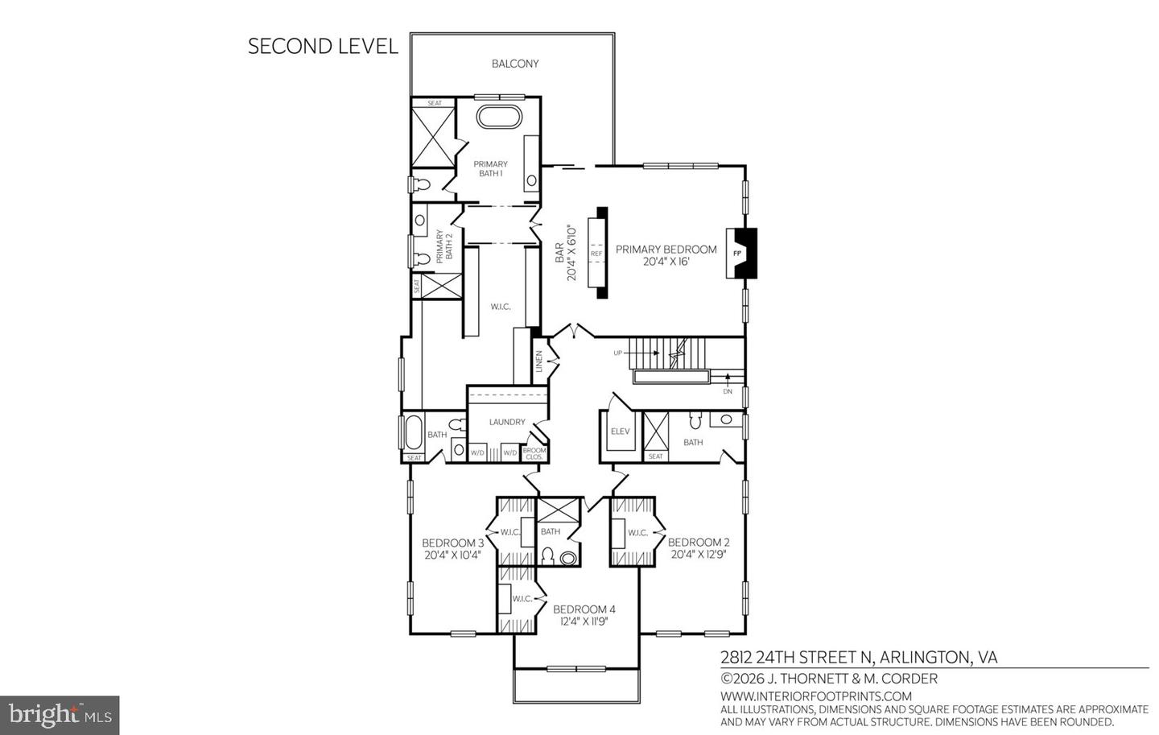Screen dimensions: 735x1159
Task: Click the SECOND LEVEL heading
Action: point(323,47)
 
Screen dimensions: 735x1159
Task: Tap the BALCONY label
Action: point(515,64)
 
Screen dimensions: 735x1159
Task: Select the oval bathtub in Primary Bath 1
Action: point(499,117)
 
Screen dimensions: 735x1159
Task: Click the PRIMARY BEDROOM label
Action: point(666,250)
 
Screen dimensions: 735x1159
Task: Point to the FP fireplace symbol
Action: point(736,254)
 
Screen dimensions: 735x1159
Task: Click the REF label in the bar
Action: point(596,254)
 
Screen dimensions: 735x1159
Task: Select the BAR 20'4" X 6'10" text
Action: point(566,253)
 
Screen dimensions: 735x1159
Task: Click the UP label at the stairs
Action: point(618,353)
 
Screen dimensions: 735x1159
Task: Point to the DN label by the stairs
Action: point(728,391)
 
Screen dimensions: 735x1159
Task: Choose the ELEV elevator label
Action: point(620,432)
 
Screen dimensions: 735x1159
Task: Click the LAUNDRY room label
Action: point(507,422)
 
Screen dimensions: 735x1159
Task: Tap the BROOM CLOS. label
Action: point(534,453)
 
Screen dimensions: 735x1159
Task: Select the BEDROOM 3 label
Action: point(452,543)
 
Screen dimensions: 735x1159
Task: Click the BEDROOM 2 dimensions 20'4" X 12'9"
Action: point(698,554)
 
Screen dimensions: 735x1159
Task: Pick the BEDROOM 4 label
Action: point(584,609)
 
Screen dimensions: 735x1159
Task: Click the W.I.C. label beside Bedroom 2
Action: point(637,533)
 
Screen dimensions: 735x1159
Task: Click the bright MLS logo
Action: point(60,715)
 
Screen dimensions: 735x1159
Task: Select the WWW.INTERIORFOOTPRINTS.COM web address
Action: point(815,696)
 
